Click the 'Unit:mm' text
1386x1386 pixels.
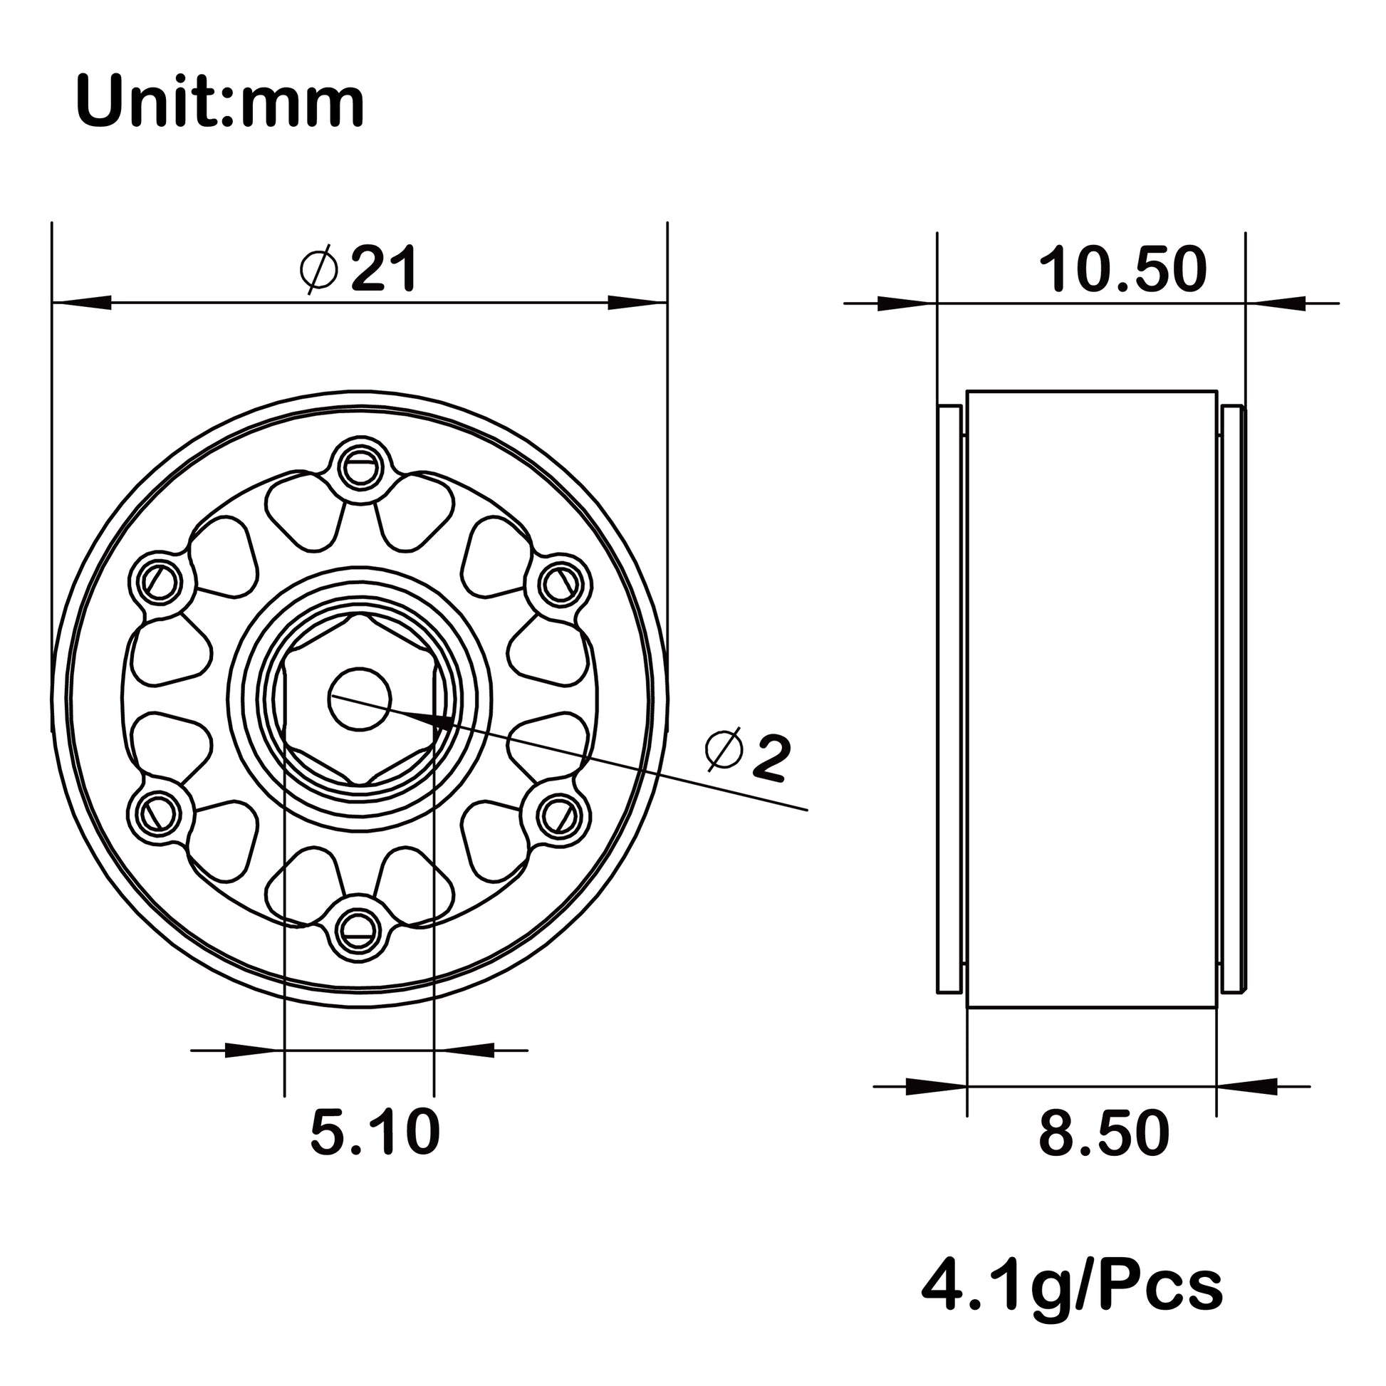tap(220, 103)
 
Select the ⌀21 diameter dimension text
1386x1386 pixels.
tap(358, 270)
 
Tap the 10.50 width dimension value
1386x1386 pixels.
tap(1123, 270)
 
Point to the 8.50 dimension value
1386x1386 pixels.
tap(1104, 1133)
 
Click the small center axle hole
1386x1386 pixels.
tap(360, 699)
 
